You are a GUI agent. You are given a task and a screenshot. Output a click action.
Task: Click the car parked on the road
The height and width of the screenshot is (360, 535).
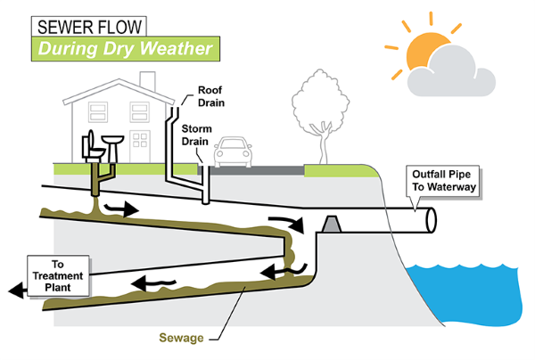(x=235, y=152)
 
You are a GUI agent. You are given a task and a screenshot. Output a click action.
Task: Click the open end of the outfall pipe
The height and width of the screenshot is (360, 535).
(x=430, y=220)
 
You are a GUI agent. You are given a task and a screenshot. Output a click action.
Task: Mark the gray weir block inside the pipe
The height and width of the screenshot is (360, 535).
(x=329, y=225)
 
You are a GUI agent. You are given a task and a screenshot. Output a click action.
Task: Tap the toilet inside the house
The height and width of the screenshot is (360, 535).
(x=92, y=146)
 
